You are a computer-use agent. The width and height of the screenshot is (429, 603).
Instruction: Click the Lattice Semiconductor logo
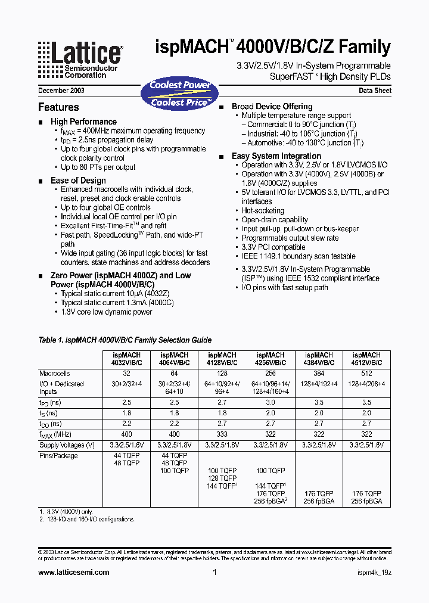pyautogui.click(x=80, y=60)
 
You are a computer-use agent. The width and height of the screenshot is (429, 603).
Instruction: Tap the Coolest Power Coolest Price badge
pyautogui.click(x=180, y=94)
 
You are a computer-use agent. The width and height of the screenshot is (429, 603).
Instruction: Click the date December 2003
pyautogui.click(x=61, y=91)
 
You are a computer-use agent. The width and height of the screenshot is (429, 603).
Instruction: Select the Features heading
pyautogui.click(x=58, y=107)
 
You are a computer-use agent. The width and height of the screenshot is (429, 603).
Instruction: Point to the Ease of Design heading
pyautogui.click(x=78, y=181)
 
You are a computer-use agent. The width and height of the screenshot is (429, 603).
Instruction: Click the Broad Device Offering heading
pyautogui.click(x=272, y=106)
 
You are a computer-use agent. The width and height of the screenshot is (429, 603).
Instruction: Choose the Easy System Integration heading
pyautogui.click(x=276, y=156)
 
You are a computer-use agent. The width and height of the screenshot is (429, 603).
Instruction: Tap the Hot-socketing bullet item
pyautogui.click(x=263, y=210)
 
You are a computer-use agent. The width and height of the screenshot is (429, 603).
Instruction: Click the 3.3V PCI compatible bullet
pyautogui.click(x=273, y=247)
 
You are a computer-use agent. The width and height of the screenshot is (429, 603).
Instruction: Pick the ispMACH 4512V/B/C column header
pyautogui.click(x=366, y=359)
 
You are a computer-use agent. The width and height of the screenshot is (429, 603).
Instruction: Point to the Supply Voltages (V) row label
pyautogui.click(x=67, y=445)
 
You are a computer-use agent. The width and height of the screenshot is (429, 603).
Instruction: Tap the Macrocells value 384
pyautogui.click(x=319, y=373)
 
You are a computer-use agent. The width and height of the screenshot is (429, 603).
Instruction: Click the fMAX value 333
pyautogui.click(x=221, y=435)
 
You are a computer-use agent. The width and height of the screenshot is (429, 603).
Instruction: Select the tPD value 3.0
pyautogui.click(x=271, y=402)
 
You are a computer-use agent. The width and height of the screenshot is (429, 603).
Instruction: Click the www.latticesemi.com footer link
pyautogui.click(x=73, y=572)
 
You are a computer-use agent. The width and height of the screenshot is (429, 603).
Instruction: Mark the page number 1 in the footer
pyautogui.click(x=214, y=572)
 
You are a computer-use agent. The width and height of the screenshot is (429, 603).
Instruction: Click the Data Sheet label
pyautogui.click(x=375, y=91)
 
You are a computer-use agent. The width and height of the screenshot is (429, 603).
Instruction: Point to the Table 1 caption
pyautogui.click(x=125, y=340)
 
